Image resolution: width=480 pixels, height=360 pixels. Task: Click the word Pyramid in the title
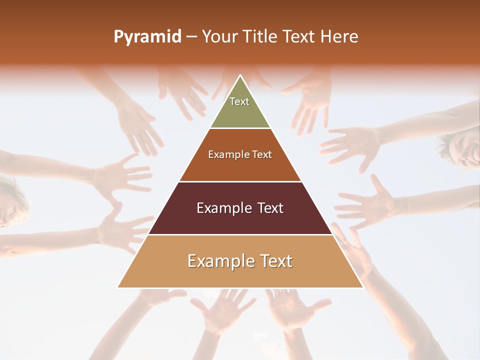[147, 37]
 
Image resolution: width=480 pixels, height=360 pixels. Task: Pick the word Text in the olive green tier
[239, 101]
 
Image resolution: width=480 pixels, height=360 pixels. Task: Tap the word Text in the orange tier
[262, 154]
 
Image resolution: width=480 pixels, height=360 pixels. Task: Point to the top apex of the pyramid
[240, 75]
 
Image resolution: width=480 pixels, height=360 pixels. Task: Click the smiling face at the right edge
[465, 145]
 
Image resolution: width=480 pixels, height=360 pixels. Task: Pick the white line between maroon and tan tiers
[240, 234]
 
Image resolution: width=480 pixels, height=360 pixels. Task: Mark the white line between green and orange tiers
[240, 128]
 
